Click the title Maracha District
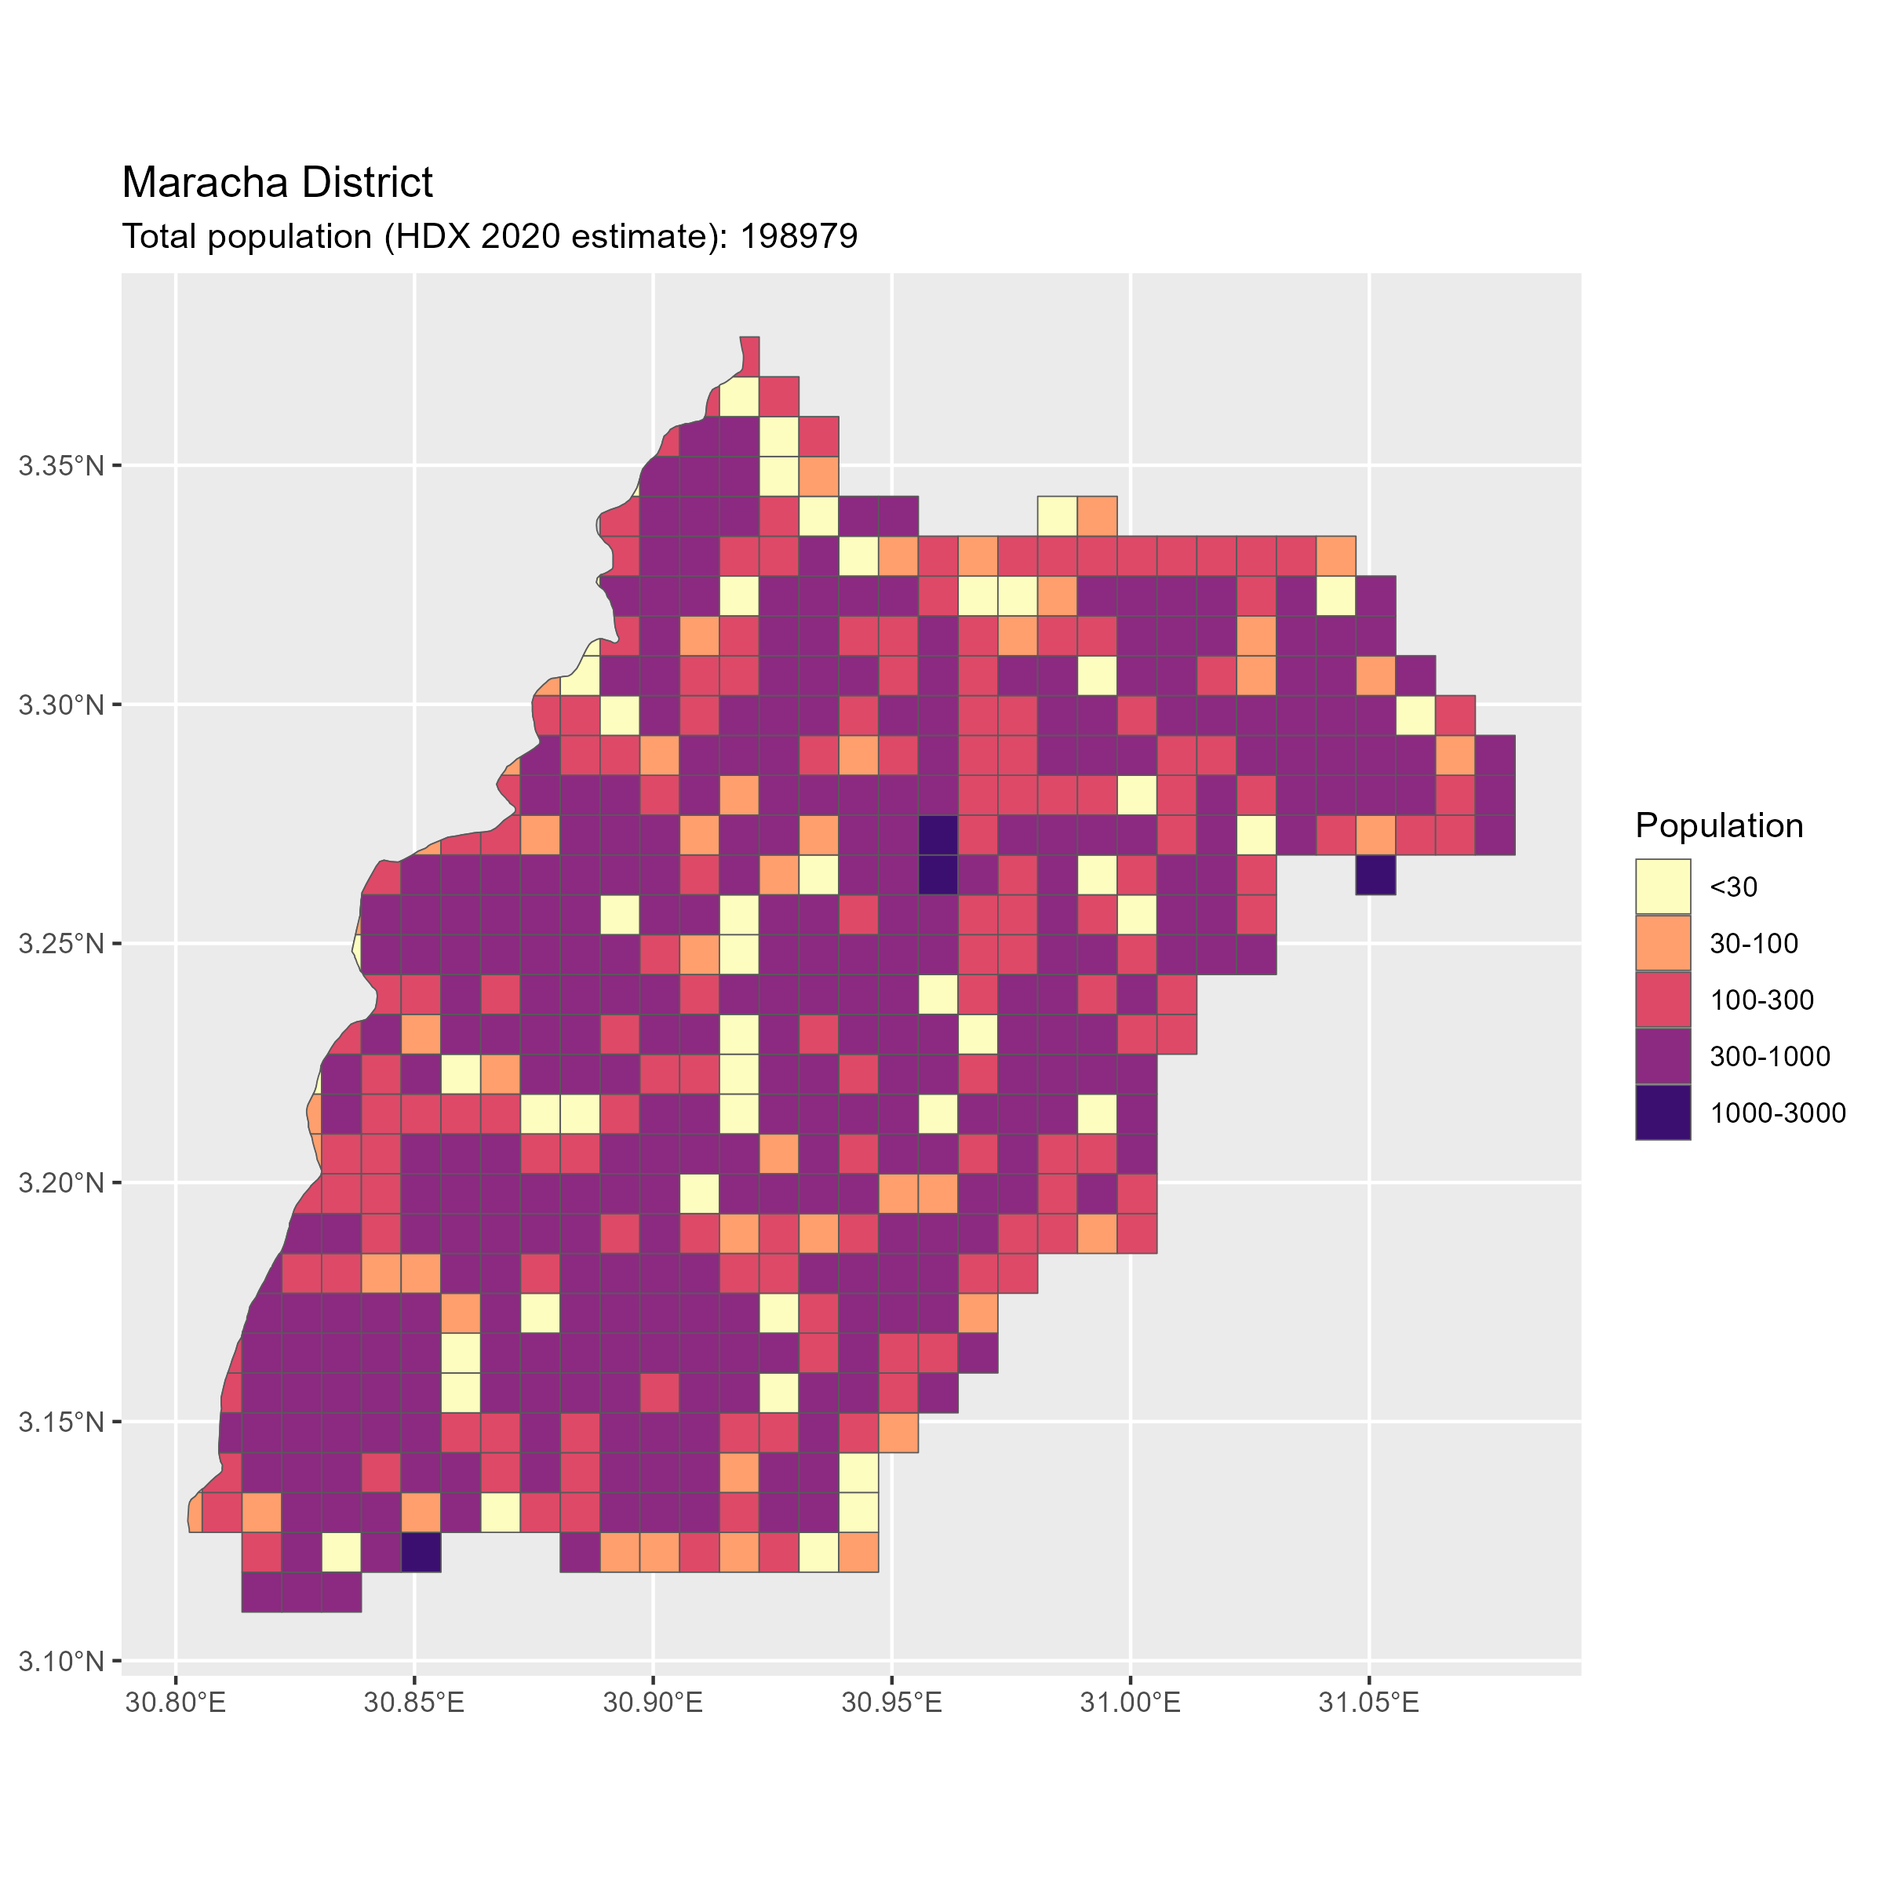pos(277,184)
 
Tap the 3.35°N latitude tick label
pos(61,466)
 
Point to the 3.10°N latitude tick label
pos(61,1661)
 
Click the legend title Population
pos(1719,825)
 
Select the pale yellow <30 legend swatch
pos(1663,887)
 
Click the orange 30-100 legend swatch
pos(1663,943)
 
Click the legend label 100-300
pos(1762,1000)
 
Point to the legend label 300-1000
pos(1770,1057)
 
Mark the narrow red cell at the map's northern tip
pos(749,355)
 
